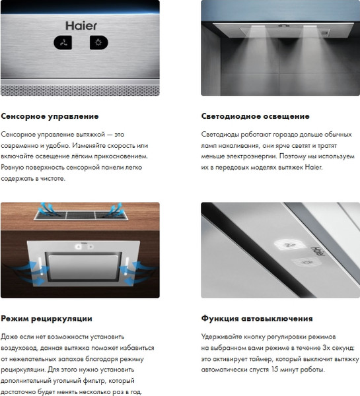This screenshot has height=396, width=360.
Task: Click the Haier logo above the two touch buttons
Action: click(x=81, y=25)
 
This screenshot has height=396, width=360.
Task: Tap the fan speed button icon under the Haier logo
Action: click(x=63, y=43)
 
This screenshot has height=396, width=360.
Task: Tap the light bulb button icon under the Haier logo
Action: click(x=98, y=43)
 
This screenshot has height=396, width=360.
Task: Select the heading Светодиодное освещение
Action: click(x=255, y=115)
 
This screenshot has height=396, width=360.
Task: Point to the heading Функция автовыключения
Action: click(x=256, y=318)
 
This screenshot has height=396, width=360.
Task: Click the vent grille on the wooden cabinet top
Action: click(x=80, y=214)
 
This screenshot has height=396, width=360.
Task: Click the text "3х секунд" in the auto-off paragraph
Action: click(x=338, y=347)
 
